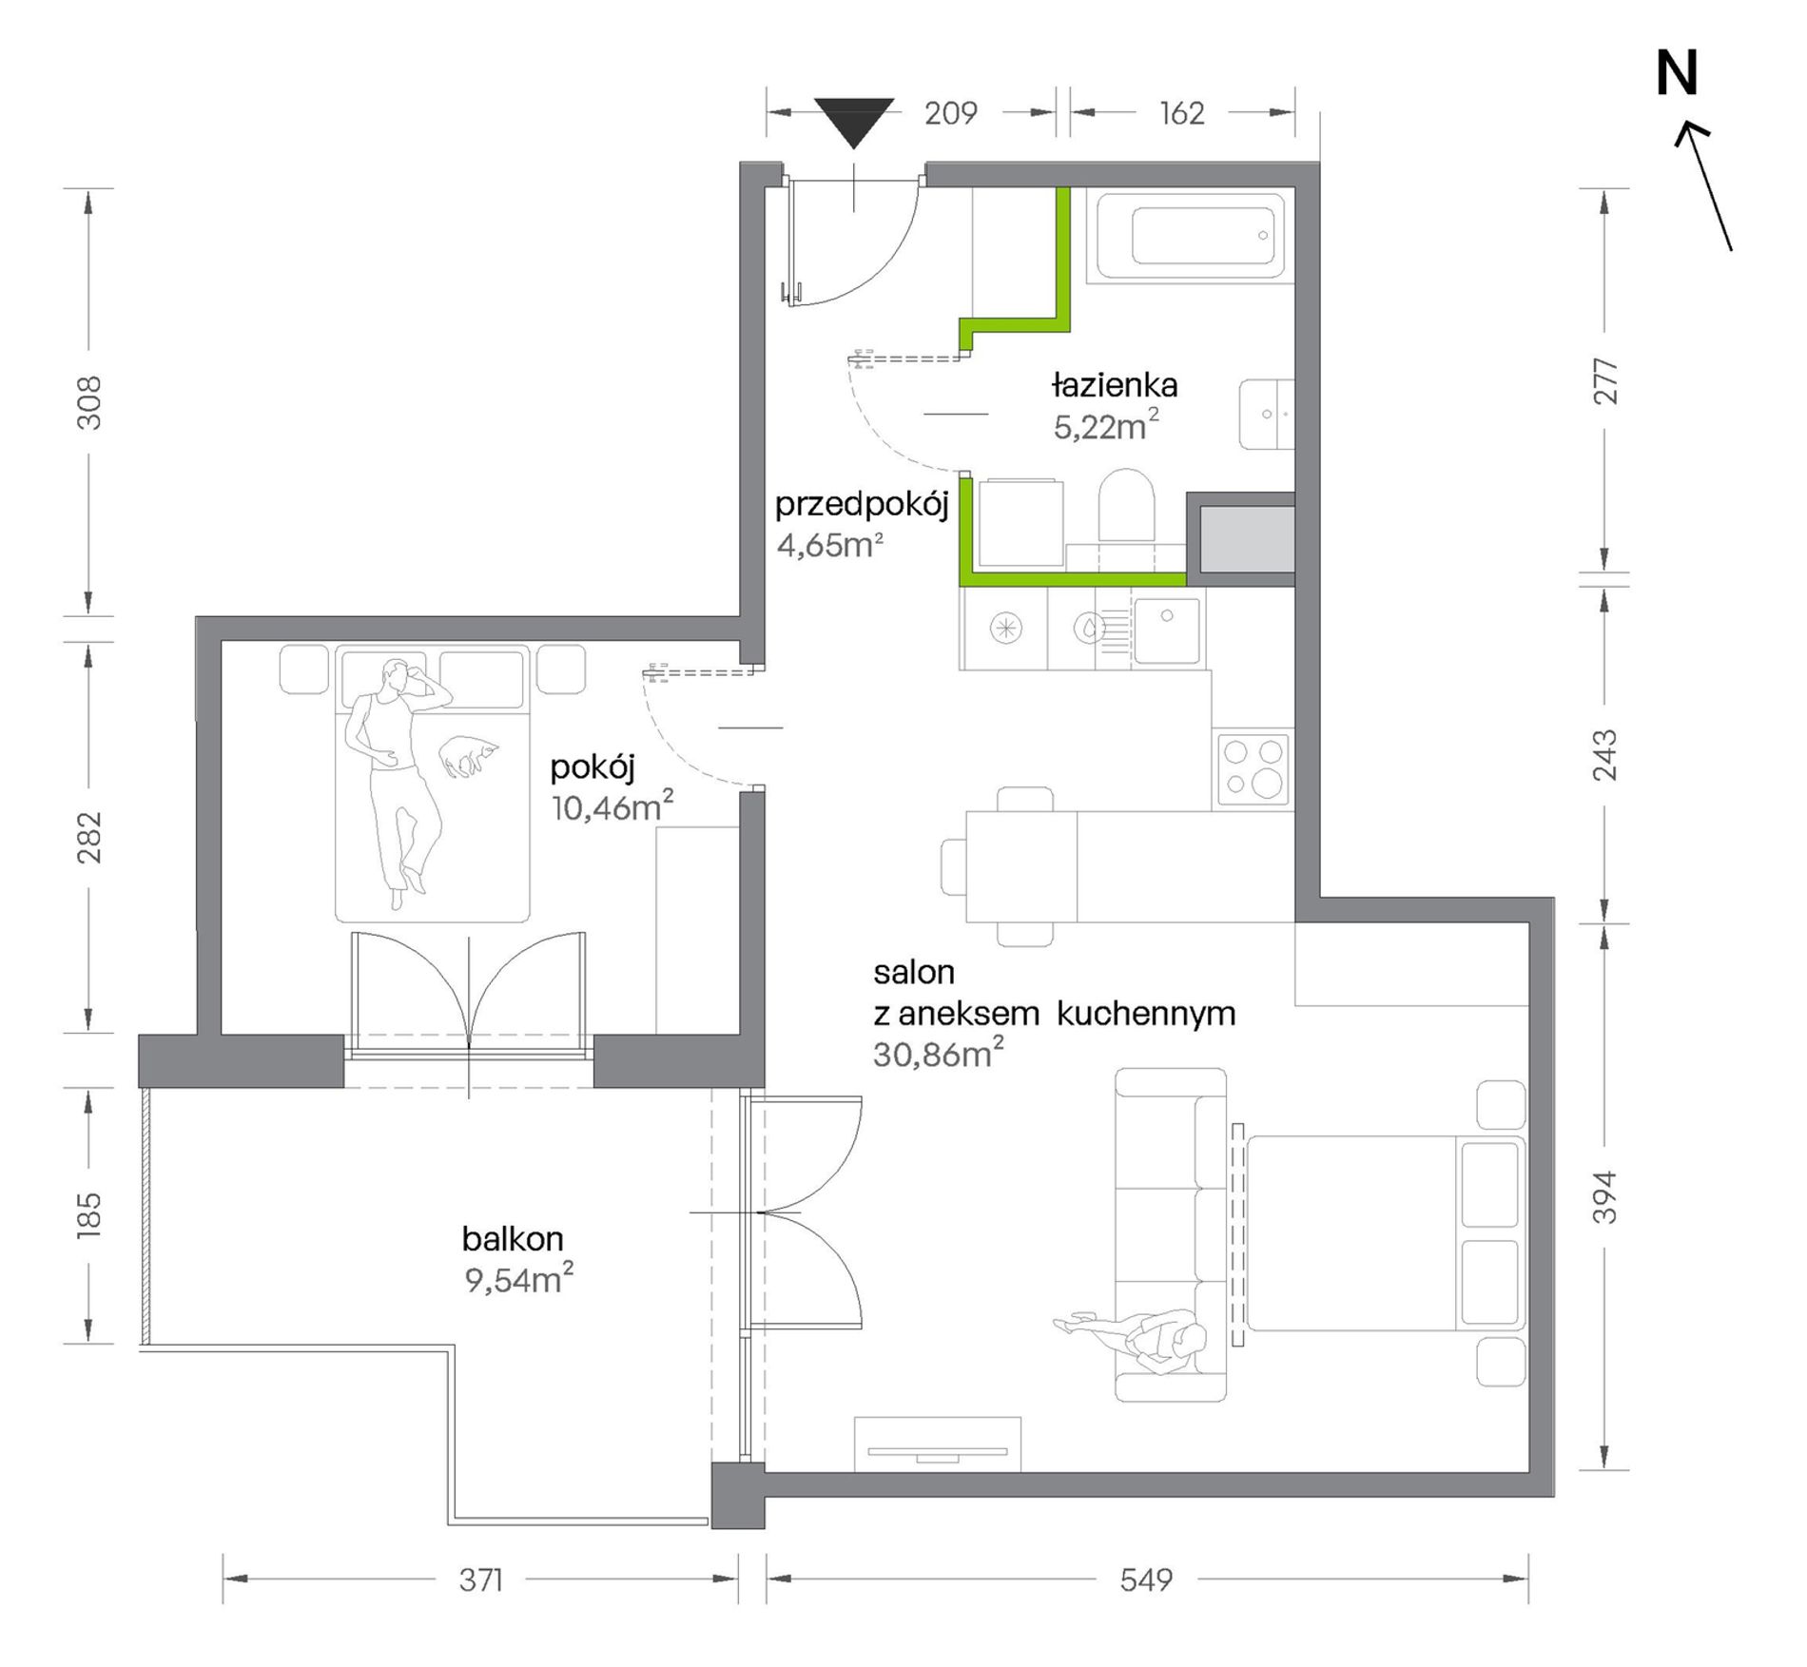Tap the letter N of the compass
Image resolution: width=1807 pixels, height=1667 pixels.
click(x=1677, y=74)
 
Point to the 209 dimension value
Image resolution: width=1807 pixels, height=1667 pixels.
click(x=950, y=113)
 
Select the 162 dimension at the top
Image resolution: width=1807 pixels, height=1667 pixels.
click(x=1182, y=113)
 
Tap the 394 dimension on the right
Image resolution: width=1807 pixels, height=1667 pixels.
click(x=1604, y=1196)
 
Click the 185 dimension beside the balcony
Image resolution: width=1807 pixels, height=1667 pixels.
click(x=87, y=1214)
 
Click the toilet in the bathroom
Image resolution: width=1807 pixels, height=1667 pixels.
click(x=1126, y=509)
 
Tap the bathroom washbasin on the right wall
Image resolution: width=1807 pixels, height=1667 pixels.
click(x=1267, y=414)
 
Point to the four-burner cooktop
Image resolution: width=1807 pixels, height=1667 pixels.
click(x=1253, y=769)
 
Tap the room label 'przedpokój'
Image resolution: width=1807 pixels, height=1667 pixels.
click(x=862, y=505)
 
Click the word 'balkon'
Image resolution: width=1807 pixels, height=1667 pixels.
click(x=513, y=1238)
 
